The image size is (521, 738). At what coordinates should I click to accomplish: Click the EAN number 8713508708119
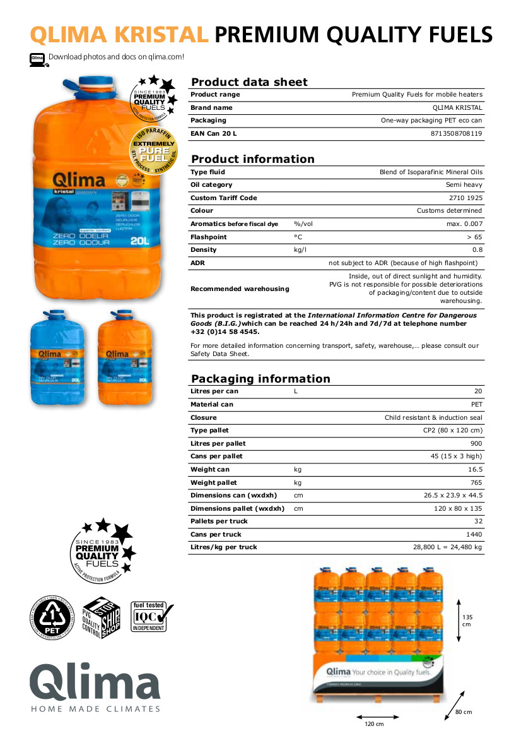pyautogui.click(x=456, y=134)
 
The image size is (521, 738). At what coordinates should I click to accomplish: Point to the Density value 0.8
pyautogui.click(x=477, y=250)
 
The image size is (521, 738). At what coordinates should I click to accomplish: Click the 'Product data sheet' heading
pyautogui.click(x=249, y=82)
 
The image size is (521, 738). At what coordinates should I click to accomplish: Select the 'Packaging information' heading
pyautogui.click(x=260, y=379)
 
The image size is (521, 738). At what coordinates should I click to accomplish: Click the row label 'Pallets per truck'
pyautogui.click(x=219, y=521)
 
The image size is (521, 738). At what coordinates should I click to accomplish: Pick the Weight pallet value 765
pyautogui.click(x=477, y=482)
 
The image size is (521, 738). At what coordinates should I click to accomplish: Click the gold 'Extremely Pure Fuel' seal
pyautogui.click(x=154, y=151)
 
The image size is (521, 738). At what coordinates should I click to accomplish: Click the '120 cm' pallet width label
pyautogui.click(x=375, y=723)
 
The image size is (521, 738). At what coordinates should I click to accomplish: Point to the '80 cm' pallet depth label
pyautogui.click(x=463, y=712)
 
